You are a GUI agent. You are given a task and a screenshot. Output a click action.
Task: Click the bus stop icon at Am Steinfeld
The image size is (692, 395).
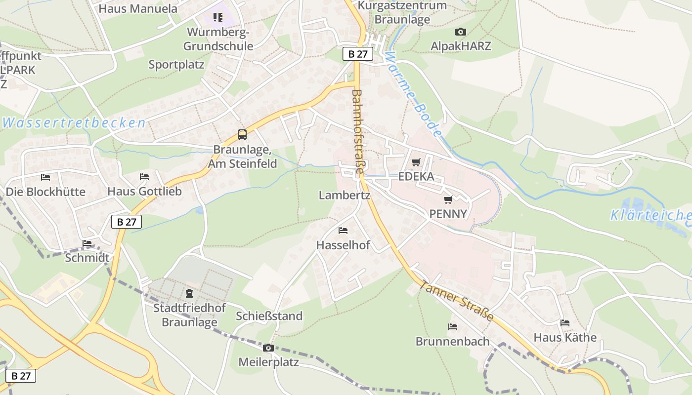coord(242,134)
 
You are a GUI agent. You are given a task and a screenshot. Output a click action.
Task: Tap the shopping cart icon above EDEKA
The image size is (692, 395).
coord(416,162)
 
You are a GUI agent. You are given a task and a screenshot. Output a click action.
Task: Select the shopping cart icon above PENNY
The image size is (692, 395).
coord(448,199)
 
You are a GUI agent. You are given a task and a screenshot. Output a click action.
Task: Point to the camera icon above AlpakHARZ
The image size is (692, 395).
coord(461,32)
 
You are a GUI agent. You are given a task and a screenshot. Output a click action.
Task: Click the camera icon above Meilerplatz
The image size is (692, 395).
coord(268,348)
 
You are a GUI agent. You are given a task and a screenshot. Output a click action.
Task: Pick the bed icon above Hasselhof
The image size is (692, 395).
coord(343,231)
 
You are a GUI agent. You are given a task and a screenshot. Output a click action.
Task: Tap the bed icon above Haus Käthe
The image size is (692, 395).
coord(565,323)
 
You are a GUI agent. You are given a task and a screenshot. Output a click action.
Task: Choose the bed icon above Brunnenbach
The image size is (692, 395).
coord(452,327)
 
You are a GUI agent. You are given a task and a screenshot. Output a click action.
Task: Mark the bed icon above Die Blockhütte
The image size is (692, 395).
coord(45,177)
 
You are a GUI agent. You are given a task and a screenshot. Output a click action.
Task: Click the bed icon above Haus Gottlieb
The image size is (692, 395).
coord(144,176)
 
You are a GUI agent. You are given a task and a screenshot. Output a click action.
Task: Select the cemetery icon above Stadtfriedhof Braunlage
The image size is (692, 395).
coord(189,293)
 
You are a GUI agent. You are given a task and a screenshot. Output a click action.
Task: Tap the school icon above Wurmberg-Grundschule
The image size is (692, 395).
coord(218,17)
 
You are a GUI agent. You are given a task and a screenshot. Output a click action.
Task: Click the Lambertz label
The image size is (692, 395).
coord(345,195)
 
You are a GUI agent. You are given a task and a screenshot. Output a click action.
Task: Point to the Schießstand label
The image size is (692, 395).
coord(269,316)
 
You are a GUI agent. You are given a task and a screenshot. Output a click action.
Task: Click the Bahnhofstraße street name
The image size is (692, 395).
coord(358,131)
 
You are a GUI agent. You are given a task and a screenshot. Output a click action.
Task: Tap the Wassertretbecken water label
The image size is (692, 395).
coord(74,123)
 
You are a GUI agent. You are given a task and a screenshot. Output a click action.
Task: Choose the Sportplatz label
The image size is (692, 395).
coord(176,65)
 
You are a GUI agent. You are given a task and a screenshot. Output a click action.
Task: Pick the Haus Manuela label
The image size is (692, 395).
coord(138,8)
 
